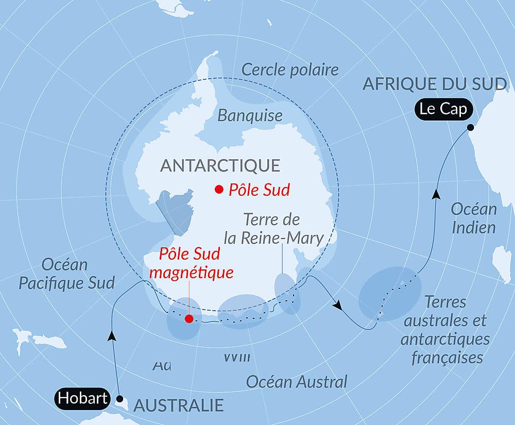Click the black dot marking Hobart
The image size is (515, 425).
click(x=119, y=398)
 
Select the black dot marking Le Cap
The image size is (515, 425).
click(x=470, y=127)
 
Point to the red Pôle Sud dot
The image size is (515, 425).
click(x=219, y=189)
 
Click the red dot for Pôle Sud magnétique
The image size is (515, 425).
click(x=189, y=318)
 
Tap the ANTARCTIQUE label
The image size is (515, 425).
click(x=220, y=165)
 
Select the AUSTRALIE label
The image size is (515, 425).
click(x=179, y=405)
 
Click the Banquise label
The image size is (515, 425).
click(x=250, y=115)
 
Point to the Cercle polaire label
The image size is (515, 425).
click(x=290, y=70)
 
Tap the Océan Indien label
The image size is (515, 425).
click(x=474, y=218)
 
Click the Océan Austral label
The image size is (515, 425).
click(x=297, y=382)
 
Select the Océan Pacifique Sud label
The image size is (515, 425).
click(x=66, y=274)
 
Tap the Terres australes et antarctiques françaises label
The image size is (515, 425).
click(x=446, y=330)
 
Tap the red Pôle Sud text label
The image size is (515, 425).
click(x=259, y=190)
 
